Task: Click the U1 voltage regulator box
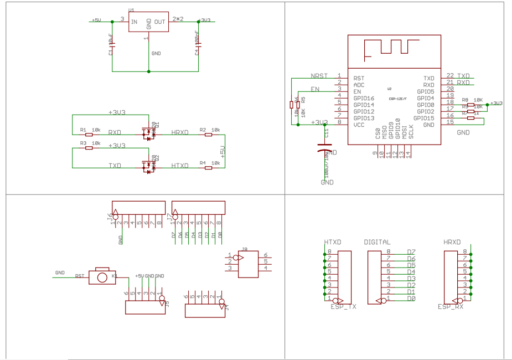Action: coord(148,22)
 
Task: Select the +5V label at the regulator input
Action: coord(96,20)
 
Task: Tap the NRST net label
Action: coord(319,75)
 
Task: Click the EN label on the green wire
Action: coord(315,89)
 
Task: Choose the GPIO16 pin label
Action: coord(364,98)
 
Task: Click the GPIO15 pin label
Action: coord(426,118)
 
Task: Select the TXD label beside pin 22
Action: coord(463,75)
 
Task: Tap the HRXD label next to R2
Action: coord(180,132)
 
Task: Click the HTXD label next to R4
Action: coord(180,166)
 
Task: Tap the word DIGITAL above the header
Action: coord(377,242)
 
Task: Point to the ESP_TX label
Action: coord(343,306)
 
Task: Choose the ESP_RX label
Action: coord(451,306)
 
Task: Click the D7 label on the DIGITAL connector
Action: coord(411,252)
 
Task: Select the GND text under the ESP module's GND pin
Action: coord(463,133)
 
